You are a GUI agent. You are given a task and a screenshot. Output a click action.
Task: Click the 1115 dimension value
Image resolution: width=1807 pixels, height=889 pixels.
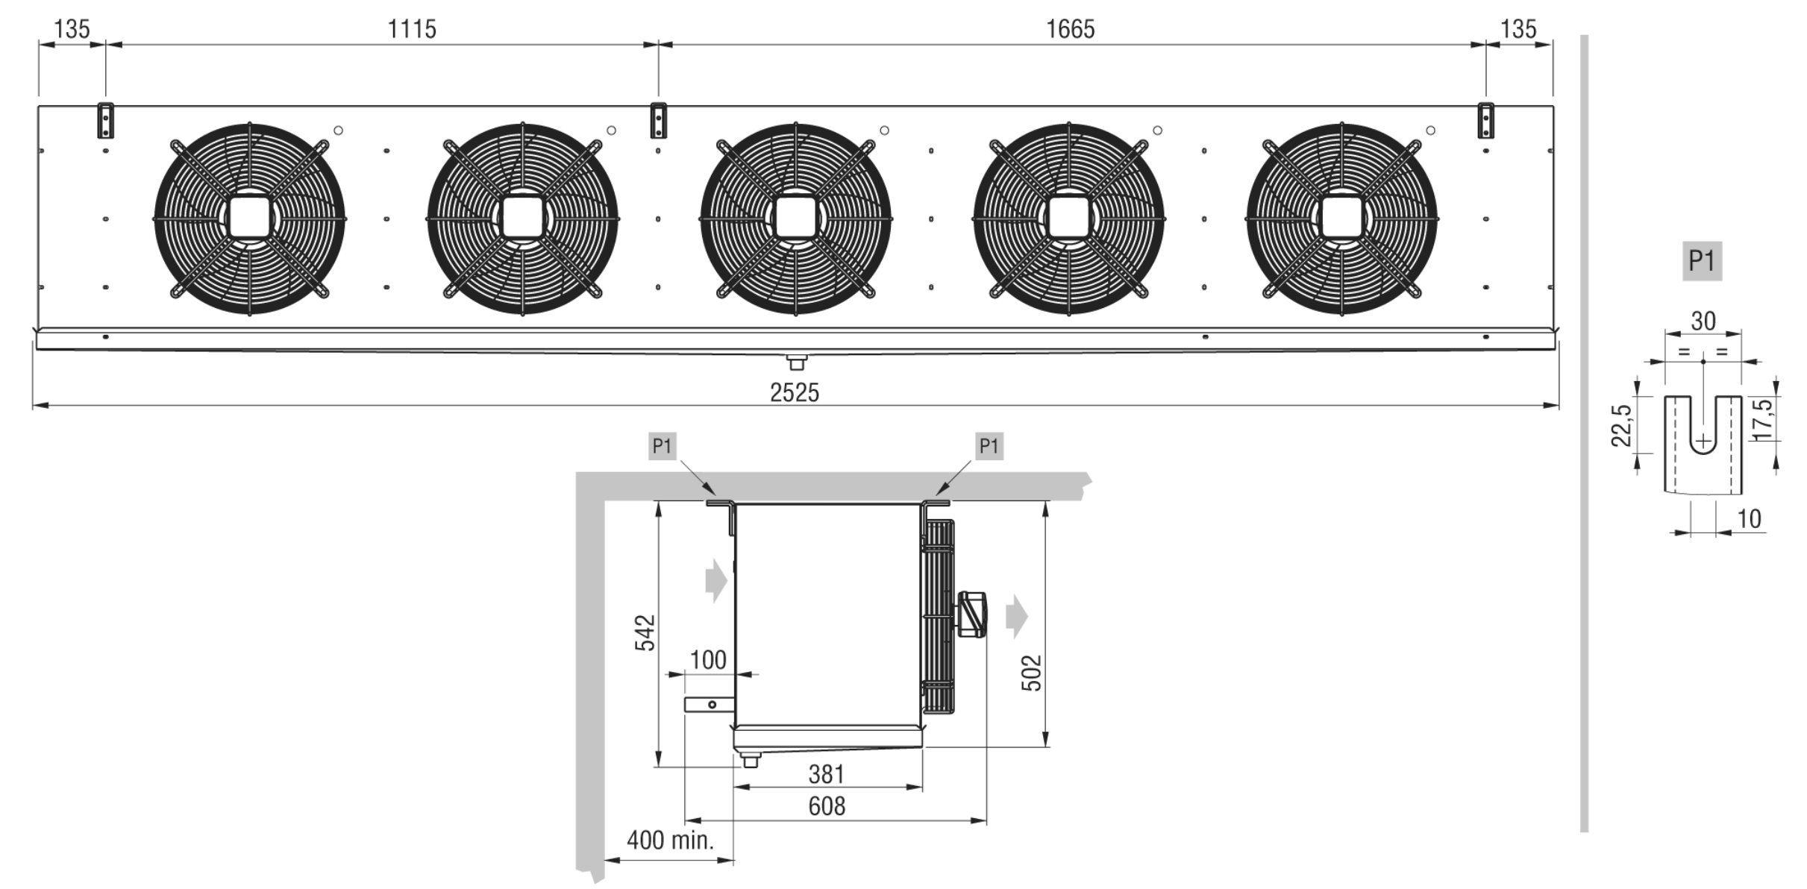coord(412,29)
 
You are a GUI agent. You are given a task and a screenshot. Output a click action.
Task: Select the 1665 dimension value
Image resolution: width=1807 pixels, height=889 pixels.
coord(1070,29)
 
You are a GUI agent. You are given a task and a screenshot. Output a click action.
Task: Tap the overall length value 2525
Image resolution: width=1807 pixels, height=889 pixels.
coord(794,392)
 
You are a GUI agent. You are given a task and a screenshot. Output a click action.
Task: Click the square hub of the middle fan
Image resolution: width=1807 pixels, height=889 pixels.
coord(795,218)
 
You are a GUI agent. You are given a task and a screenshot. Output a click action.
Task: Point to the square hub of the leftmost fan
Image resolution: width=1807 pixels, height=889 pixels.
coord(249,218)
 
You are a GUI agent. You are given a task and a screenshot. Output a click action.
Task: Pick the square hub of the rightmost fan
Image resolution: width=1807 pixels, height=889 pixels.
coord(1341,218)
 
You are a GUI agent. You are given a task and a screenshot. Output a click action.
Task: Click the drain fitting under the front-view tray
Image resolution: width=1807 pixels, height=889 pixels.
coord(797,362)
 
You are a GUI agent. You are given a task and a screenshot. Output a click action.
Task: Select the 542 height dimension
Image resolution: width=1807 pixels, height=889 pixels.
coord(645,633)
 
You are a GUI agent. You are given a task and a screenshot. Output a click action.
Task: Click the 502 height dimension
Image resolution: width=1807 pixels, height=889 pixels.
coord(1031,673)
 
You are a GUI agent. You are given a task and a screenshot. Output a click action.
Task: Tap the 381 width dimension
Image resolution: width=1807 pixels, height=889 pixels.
coord(827,774)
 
